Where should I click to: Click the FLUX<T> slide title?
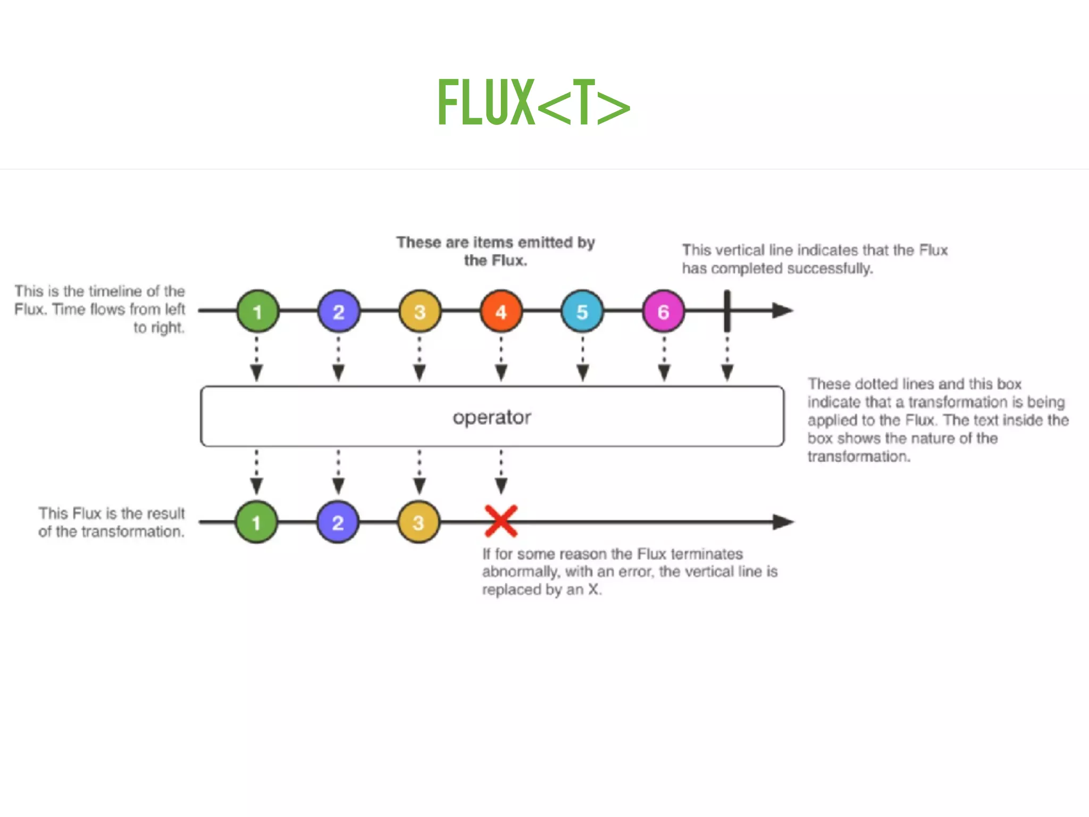pos(533,102)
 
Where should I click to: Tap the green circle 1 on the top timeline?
pos(257,311)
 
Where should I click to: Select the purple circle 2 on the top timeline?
pos(339,311)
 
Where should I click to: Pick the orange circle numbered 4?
pos(501,311)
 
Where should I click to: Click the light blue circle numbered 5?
pos(582,311)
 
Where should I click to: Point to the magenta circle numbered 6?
pos(663,311)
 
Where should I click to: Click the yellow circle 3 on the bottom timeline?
pos(419,522)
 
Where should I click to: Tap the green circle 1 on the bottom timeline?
pos(256,522)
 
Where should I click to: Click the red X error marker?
pos(501,521)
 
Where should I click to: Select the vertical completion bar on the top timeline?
pos(727,311)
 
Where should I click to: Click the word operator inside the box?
pos(492,417)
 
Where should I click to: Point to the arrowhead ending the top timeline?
pos(782,311)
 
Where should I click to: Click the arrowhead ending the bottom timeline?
pos(783,522)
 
